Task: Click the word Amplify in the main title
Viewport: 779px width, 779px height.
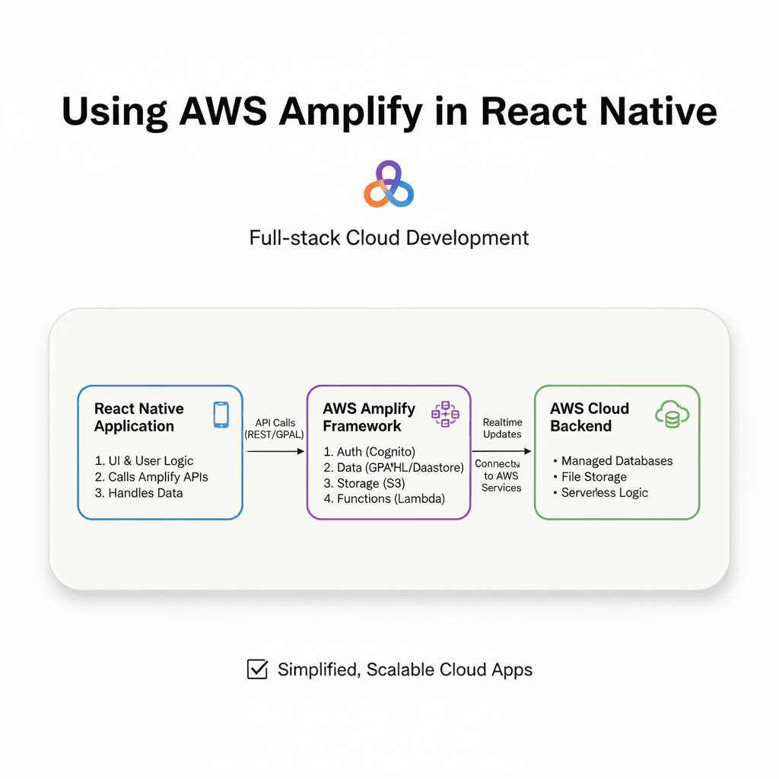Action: [349, 112]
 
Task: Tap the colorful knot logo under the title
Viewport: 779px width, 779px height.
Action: [389, 184]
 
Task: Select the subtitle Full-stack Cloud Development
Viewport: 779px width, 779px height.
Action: [389, 238]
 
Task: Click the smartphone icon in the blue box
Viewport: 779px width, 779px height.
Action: [221, 415]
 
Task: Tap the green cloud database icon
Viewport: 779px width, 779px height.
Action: [672, 415]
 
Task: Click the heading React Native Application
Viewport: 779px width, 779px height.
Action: [139, 418]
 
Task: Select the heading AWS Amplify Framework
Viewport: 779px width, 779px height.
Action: [369, 418]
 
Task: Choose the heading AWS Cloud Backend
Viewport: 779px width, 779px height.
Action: [590, 418]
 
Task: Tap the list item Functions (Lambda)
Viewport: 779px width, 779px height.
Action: [383, 499]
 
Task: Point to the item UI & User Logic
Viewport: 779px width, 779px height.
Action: [145, 461]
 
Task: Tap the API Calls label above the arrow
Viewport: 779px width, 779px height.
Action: [275, 428]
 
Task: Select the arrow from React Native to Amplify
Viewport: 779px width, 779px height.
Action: [275, 451]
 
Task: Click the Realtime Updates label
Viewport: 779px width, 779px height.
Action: [502, 428]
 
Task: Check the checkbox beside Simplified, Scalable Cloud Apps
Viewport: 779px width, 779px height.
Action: [258, 669]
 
